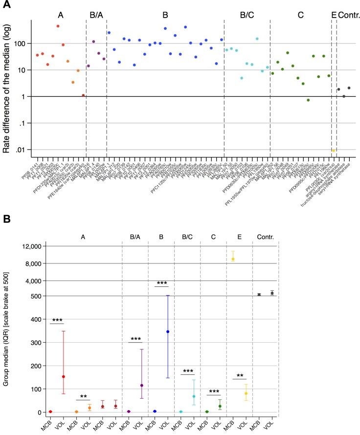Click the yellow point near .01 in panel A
334,151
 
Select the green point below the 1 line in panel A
308,100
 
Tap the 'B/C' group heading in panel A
247,15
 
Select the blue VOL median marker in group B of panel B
168,331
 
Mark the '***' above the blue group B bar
161,283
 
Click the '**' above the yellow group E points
239,376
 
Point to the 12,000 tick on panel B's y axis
22,246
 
